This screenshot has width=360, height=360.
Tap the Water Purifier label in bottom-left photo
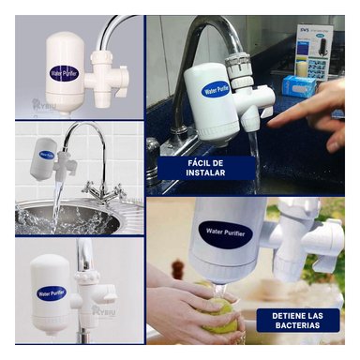(x=51, y=292)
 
